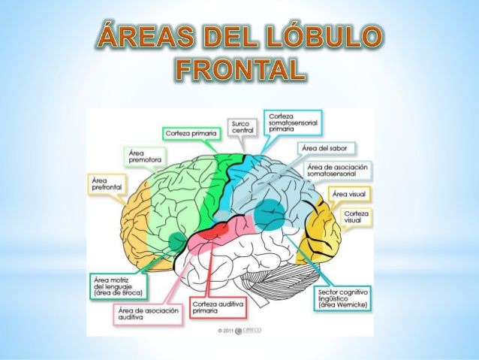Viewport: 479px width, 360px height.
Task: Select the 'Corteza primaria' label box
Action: point(191,133)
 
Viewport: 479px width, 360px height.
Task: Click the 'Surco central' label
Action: point(242,126)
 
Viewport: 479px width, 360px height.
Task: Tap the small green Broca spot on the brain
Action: point(176,241)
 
